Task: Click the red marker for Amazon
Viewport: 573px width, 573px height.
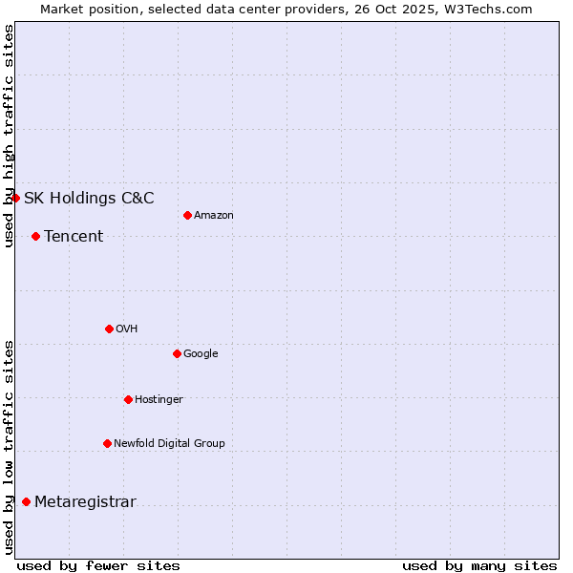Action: [x=187, y=215]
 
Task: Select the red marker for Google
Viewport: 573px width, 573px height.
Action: [x=177, y=353]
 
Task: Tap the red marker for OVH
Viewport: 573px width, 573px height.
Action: [x=109, y=329]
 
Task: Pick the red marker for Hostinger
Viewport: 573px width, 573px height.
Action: [x=128, y=399]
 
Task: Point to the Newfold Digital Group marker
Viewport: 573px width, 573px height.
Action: [x=107, y=443]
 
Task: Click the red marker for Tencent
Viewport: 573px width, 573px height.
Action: [x=35, y=236]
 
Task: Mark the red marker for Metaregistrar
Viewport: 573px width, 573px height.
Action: [x=26, y=502]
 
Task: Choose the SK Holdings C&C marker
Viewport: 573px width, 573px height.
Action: [x=15, y=198]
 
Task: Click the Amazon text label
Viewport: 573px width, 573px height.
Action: [x=214, y=215]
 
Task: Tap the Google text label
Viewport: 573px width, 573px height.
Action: [x=201, y=353]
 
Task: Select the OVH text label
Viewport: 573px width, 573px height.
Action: [x=127, y=329]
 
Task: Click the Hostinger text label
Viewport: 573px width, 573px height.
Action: [x=159, y=399]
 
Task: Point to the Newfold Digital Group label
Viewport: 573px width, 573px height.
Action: [x=169, y=443]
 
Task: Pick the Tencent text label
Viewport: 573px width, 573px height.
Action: [x=74, y=236]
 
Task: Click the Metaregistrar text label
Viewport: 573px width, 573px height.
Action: [x=85, y=502]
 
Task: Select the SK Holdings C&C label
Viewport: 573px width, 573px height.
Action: [x=89, y=198]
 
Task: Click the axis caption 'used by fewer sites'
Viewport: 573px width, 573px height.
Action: [x=98, y=565]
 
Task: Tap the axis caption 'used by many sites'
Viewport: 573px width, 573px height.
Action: [x=479, y=565]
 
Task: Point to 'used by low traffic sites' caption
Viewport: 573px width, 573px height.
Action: [x=9, y=447]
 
